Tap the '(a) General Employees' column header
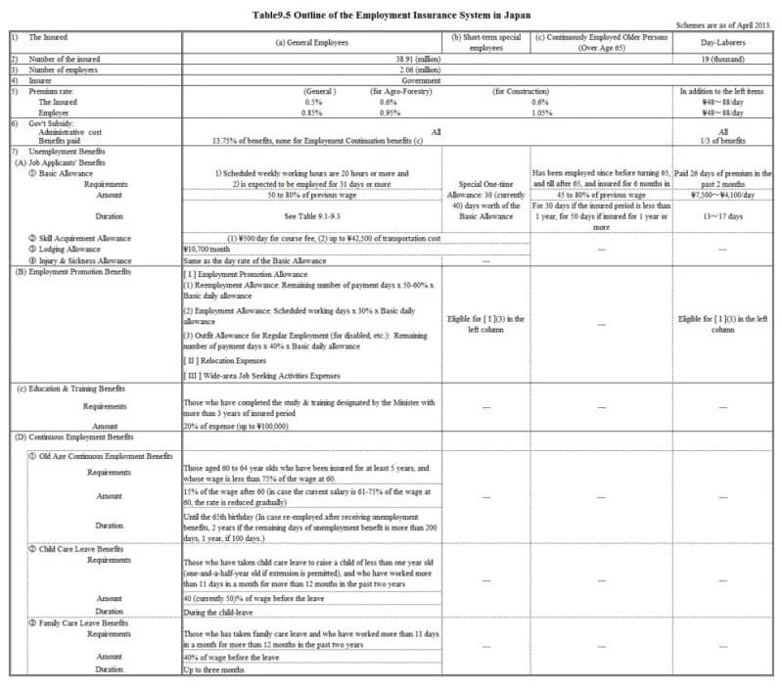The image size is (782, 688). (x=312, y=44)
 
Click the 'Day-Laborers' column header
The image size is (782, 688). (x=723, y=44)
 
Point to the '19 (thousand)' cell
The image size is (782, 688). (x=723, y=61)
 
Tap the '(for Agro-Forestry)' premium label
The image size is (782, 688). (x=402, y=91)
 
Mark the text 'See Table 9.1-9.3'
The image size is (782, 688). (x=312, y=215)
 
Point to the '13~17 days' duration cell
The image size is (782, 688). (x=723, y=215)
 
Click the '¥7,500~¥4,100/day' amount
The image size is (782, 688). (x=723, y=194)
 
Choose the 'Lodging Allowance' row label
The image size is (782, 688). (x=71, y=250)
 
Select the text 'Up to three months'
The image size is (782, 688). (x=214, y=669)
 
